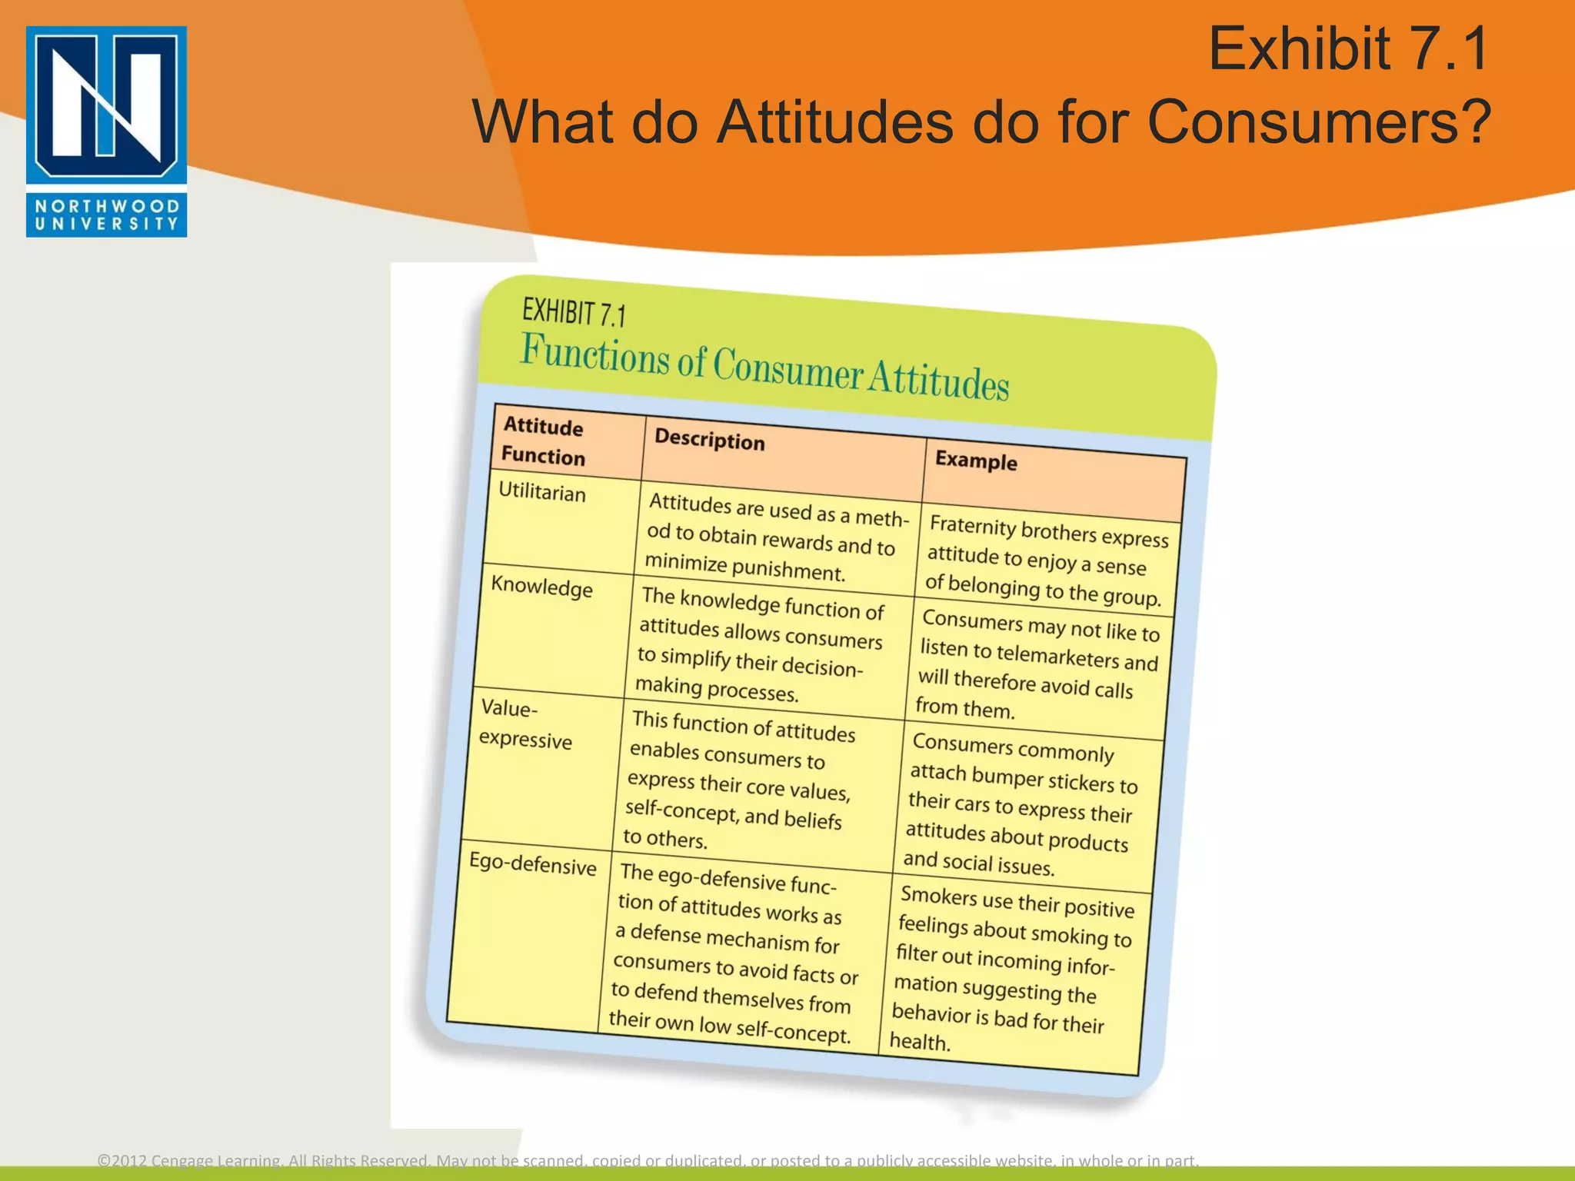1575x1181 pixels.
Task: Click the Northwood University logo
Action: [x=106, y=131]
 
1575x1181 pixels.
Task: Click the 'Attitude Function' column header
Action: [x=543, y=441]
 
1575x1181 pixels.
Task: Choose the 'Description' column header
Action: [x=709, y=440]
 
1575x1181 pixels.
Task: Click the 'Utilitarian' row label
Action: [x=542, y=492]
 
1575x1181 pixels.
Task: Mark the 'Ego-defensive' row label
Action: [x=532, y=864]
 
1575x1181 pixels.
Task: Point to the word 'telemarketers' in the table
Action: [x=1057, y=655]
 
